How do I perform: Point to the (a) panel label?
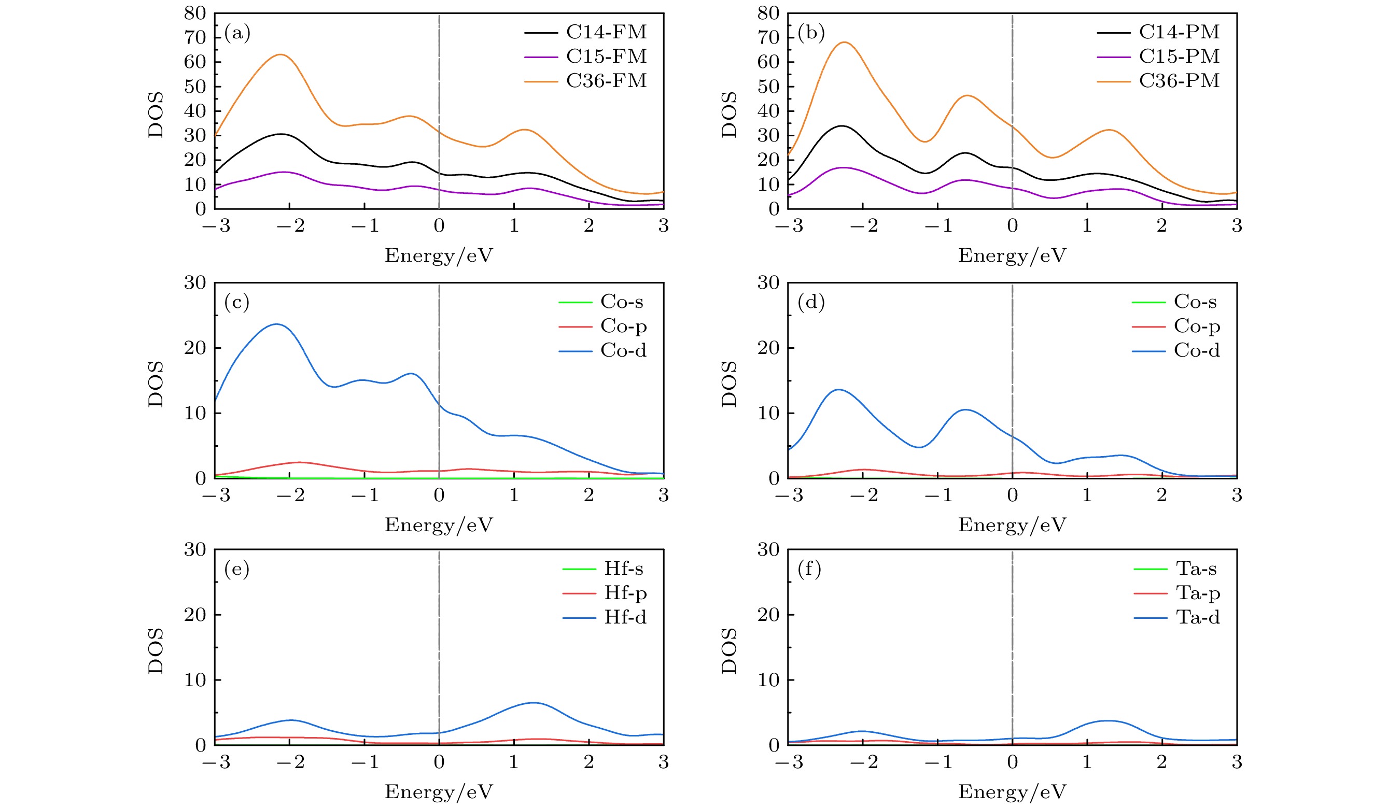237,33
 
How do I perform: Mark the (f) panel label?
809,568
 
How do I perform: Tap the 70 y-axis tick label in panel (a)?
194,37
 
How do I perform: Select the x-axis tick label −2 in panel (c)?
290,495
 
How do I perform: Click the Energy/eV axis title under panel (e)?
439,791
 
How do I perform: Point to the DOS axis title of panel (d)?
728,384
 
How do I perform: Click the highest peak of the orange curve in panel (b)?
844,42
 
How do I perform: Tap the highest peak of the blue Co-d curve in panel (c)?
276,324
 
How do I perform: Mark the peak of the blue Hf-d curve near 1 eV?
533,702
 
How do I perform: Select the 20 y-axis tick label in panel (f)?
768,614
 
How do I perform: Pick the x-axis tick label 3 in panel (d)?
1237,495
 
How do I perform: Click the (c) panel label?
237,302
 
